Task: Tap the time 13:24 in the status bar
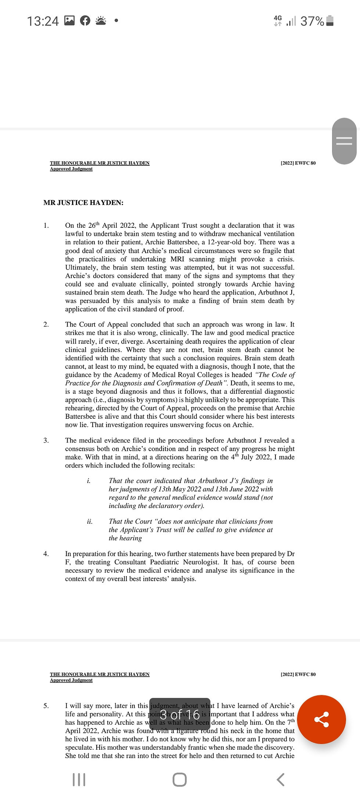click(x=43, y=21)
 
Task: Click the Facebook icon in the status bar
click(x=85, y=21)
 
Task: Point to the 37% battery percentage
click(x=312, y=21)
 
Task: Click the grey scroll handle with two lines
click(x=344, y=141)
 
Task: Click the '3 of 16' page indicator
click(x=180, y=714)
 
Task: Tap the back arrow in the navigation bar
click(x=280, y=779)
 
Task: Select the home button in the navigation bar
click(x=180, y=779)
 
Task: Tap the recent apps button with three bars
click(x=79, y=779)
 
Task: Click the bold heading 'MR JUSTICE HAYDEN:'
click(x=83, y=203)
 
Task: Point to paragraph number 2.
click(x=46, y=324)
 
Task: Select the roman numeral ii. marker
click(x=90, y=522)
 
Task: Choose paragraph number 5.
click(x=46, y=706)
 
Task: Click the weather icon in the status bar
click(x=101, y=21)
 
